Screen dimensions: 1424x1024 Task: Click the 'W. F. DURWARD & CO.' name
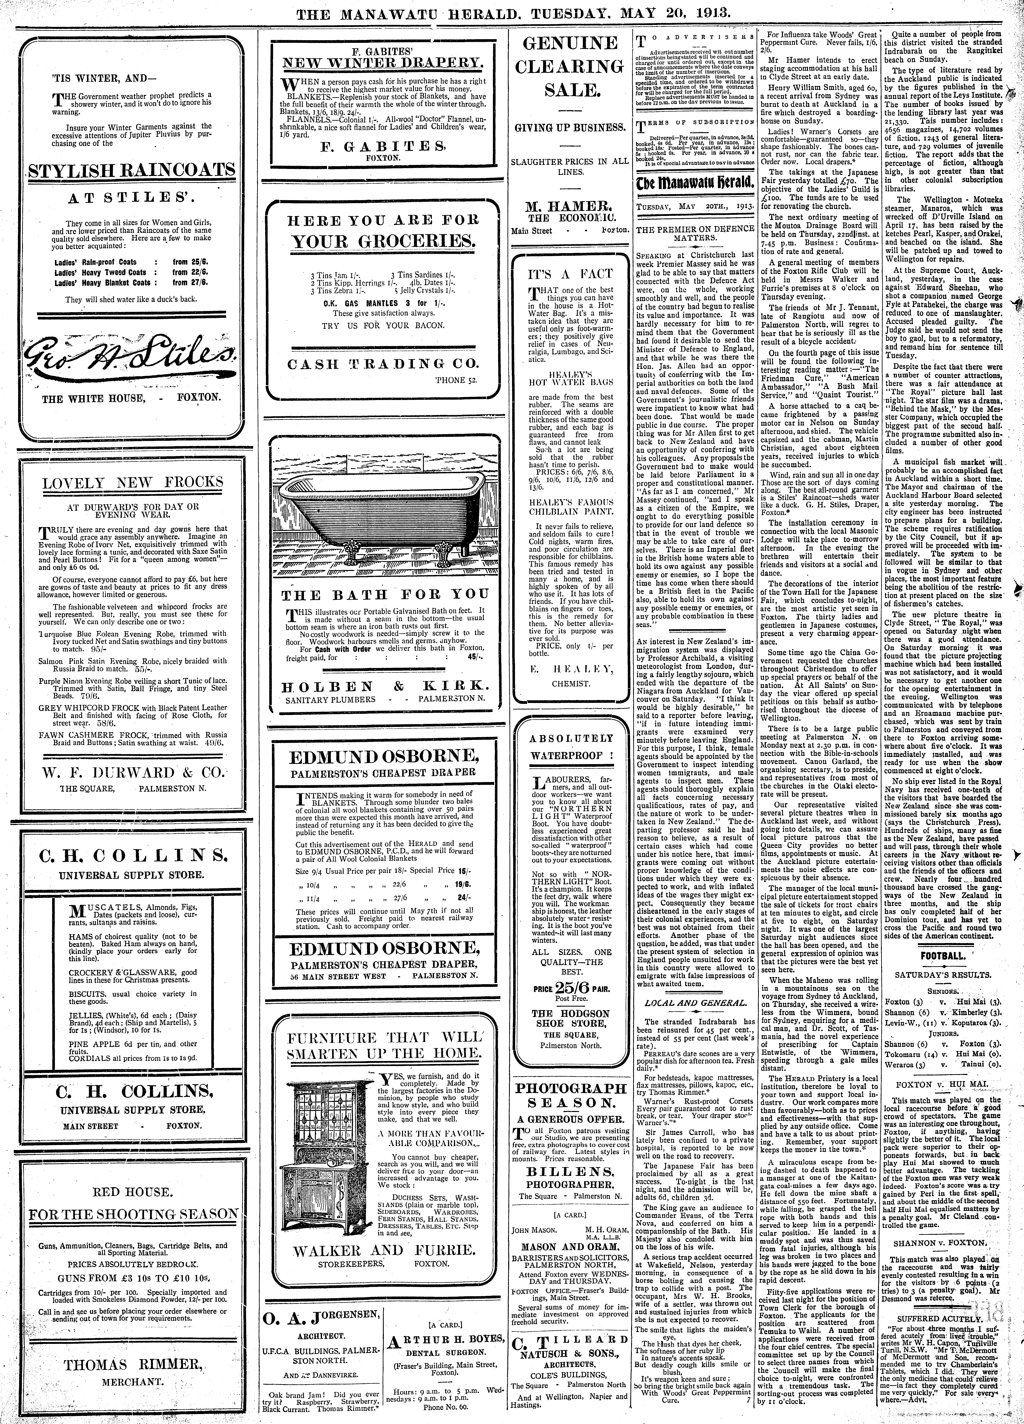pos(132,771)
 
